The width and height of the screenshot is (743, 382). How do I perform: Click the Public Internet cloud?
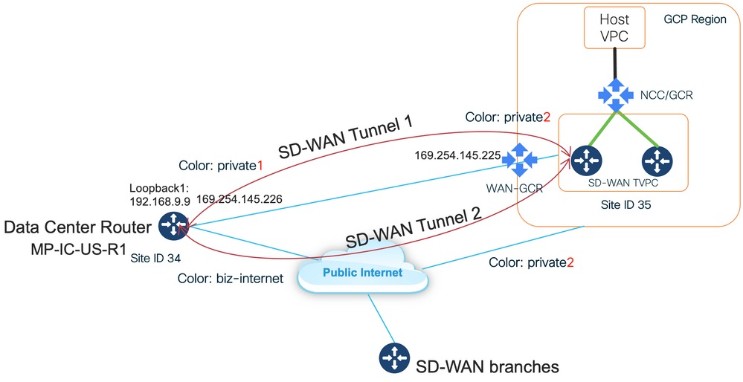click(x=362, y=272)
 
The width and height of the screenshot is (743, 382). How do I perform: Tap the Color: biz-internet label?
click(x=222, y=279)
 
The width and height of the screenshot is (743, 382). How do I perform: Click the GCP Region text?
click(x=694, y=19)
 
